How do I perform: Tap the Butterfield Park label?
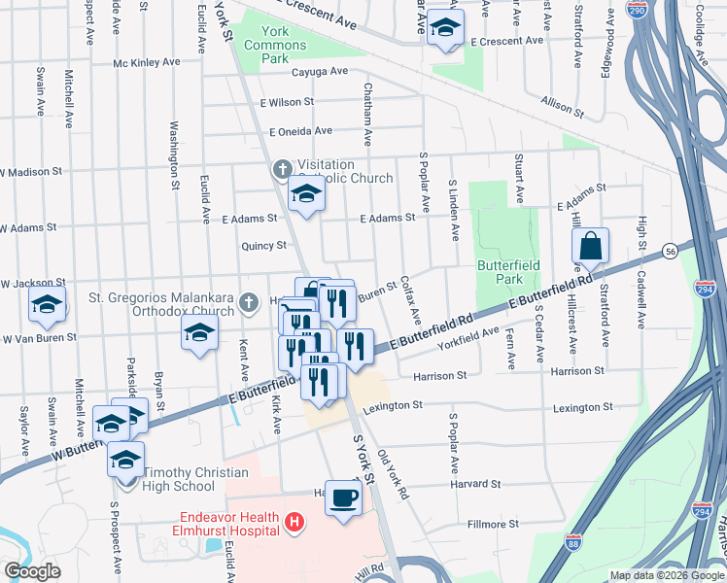(x=501, y=271)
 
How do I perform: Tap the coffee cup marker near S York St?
(x=343, y=498)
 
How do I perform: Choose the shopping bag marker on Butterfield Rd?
(x=590, y=248)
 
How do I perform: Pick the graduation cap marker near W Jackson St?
(x=47, y=304)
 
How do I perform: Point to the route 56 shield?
(x=671, y=252)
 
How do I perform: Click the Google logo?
(x=32, y=571)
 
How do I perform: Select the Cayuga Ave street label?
(x=320, y=72)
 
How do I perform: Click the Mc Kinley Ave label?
(x=147, y=62)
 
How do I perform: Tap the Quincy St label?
(x=265, y=246)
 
